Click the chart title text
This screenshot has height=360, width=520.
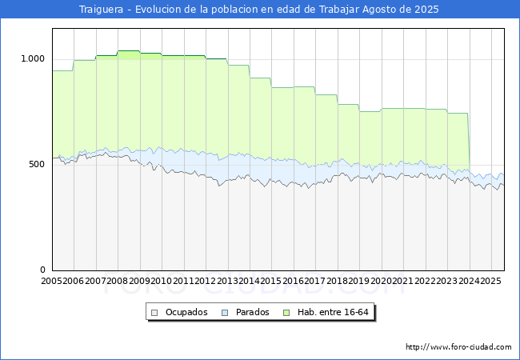pyautogui.click(x=259, y=10)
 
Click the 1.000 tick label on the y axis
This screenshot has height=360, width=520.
pyautogui.click(x=33, y=58)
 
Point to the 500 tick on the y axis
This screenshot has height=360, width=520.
pyautogui.click(x=38, y=164)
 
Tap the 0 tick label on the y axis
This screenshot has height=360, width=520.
pyautogui.click(x=43, y=270)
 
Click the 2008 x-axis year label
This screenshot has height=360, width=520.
pyautogui.click(x=118, y=281)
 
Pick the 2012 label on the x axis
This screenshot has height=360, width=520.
pyautogui.click(x=206, y=281)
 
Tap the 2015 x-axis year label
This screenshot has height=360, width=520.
pyautogui.click(x=271, y=281)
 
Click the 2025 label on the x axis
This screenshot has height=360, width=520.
pyautogui.click(x=490, y=281)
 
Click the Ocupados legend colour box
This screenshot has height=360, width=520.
pyautogui.click(x=155, y=312)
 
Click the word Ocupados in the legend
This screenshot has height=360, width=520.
pyautogui.click(x=186, y=312)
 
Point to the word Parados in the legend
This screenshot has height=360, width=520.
pyautogui.click(x=253, y=312)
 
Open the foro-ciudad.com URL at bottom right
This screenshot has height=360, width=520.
pyautogui.click(x=458, y=347)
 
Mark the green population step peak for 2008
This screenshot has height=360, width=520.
pyautogui.click(x=128, y=51)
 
